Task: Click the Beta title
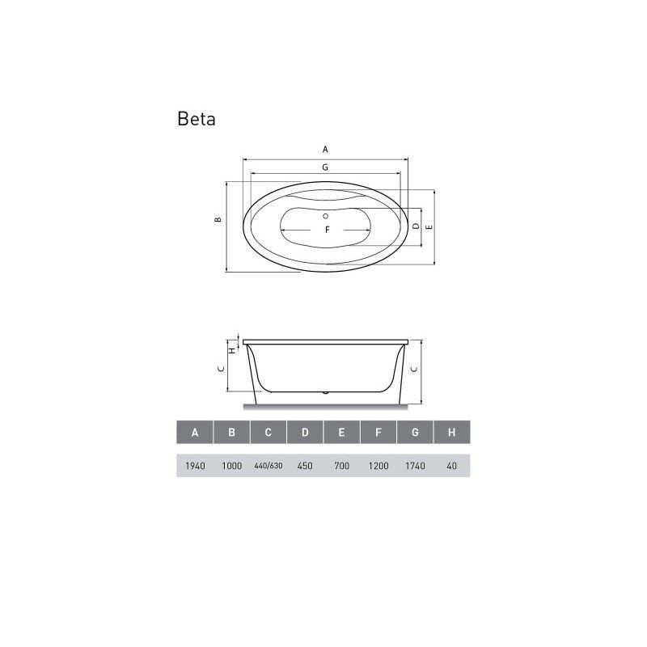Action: pyautogui.click(x=197, y=119)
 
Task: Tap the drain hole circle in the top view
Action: pyautogui.click(x=326, y=216)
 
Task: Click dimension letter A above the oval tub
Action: pyautogui.click(x=325, y=150)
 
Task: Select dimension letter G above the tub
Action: pyautogui.click(x=325, y=167)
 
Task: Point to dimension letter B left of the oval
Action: pyautogui.click(x=218, y=219)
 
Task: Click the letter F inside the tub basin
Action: pyautogui.click(x=328, y=230)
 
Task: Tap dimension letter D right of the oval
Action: pyautogui.click(x=416, y=226)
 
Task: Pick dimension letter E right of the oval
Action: pyautogui.click(x=429, y=226)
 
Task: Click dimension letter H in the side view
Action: pyautogui.click(x=232, y=350)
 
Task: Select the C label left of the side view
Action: pyautogui.click(x=221, y=369)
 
